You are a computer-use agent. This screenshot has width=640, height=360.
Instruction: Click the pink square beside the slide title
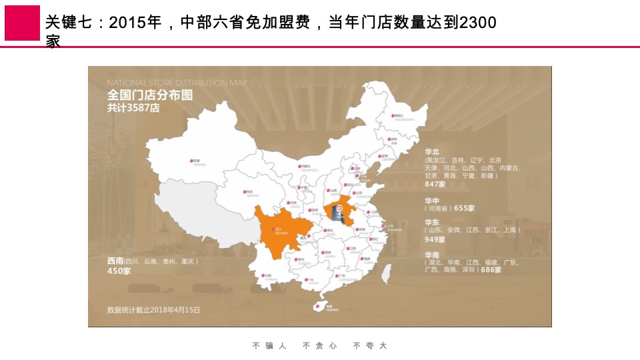tap(22, 23)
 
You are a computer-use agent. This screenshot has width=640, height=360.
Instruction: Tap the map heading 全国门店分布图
tap(150, 95)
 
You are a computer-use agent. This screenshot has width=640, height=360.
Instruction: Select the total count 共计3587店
tap(133, 108)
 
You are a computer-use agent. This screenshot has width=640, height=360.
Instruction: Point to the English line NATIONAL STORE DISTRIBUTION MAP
tap(177, 82)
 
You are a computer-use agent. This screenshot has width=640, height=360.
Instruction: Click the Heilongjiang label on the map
tap(399, 116)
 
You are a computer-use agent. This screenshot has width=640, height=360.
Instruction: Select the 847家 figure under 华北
tap(435, 184)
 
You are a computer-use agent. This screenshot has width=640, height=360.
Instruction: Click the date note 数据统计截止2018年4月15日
tap(153, 310)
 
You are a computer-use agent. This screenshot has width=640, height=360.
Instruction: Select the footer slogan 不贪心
tap(319, 345)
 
